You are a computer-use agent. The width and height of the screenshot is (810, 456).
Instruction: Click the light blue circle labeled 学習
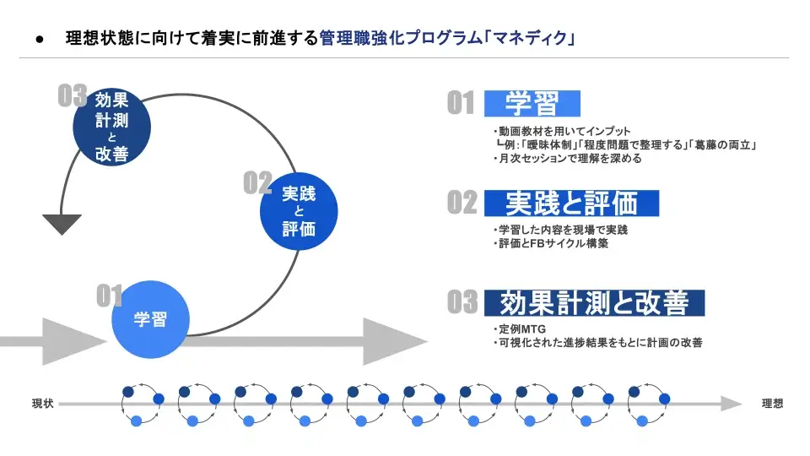[x=150, y=320]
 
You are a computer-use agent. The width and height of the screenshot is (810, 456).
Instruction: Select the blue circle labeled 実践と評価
[x=299, y=211]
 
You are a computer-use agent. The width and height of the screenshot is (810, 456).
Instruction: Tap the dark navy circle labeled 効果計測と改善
[x=111, y=127]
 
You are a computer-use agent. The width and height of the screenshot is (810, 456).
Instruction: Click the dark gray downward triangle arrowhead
[x=62, y=224]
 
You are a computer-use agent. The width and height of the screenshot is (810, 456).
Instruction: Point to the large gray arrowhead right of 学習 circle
[x=394, y=341]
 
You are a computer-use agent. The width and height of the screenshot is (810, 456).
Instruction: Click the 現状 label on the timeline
[x=43, y=404]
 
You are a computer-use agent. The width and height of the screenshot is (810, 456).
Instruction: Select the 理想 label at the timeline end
[x=772, y=404]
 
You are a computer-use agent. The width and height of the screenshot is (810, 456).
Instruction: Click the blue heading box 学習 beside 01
[x=532, y=104]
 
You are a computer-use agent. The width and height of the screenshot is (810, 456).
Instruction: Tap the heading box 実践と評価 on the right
[x=571, y=203]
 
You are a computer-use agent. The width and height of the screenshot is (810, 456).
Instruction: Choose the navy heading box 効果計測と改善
[x=594, y=302]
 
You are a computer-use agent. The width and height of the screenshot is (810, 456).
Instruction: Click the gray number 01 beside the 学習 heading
[x=461, y=104]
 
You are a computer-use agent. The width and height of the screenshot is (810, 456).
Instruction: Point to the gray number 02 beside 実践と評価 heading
[x=462, y=203]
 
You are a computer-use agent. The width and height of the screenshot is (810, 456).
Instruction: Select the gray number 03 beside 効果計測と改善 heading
[x=462, y=302]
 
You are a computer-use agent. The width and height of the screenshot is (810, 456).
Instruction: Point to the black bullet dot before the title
[x=40, y=39]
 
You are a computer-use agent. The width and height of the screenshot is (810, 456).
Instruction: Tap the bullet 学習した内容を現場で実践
[x=560, y=230]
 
